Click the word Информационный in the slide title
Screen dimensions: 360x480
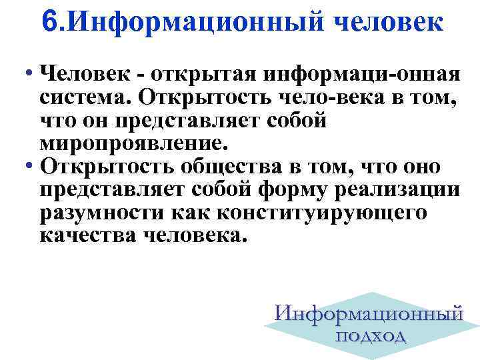198,22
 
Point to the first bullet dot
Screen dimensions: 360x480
31,71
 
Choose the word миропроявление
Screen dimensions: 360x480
134,143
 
